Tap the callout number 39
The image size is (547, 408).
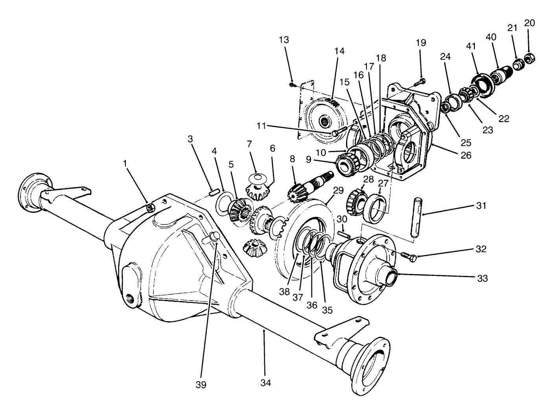[201, 384]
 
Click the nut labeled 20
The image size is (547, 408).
[529, 60]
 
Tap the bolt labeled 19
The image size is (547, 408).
[420, 82]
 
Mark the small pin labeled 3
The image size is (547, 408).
[214, 192]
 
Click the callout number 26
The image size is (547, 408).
[466, 155]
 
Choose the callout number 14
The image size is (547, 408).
[339, 51]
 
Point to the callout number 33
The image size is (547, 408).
[482, 278]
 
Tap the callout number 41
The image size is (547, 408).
[471, 46]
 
